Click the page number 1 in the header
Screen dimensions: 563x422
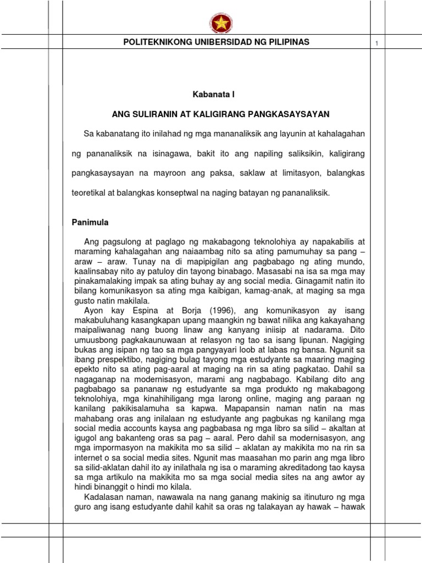click(377, 43)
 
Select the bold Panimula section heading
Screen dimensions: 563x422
click(91, 223)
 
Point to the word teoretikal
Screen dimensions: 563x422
click(95, 194)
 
